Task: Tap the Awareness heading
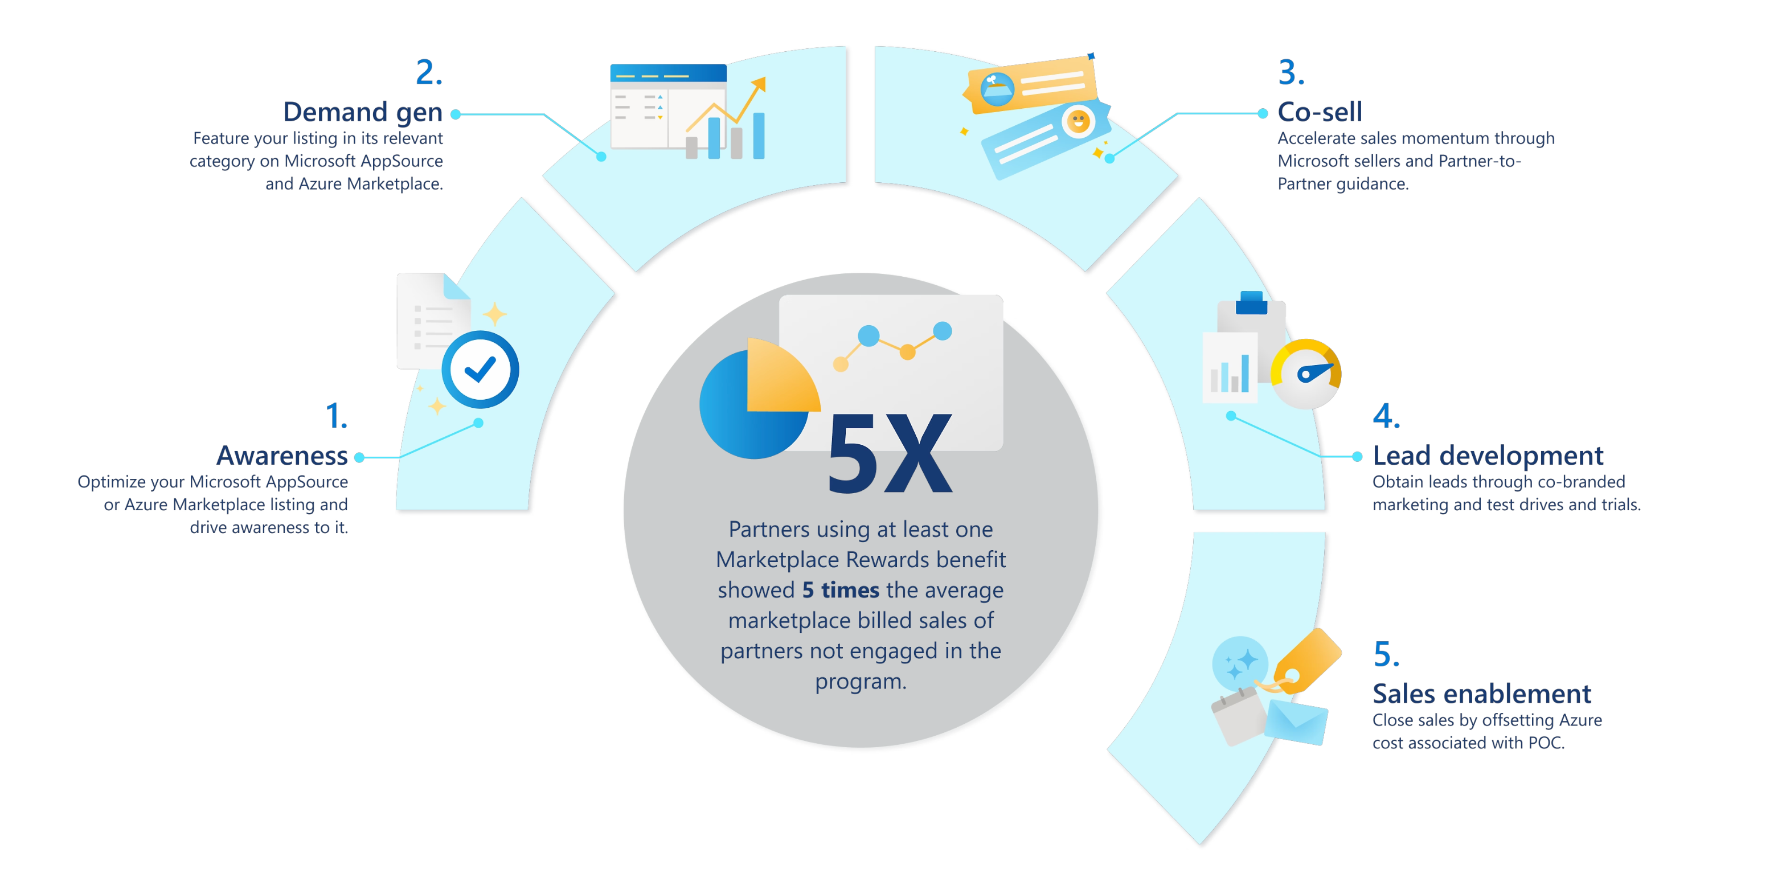[x=281, y=456]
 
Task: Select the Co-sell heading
[x=1320, y=112]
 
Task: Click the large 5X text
[x=890, y=454]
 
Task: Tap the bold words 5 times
[x=840, y=590]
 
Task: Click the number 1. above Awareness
[x=336, y=416]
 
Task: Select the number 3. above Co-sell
[x=1291, y=72]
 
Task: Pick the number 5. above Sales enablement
[x=1386, y=654]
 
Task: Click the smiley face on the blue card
[x=1078, y=122]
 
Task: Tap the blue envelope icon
[x=1295, y=722]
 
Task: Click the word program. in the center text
[x=861, y=681]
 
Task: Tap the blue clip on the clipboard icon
[x=1251, y=303]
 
